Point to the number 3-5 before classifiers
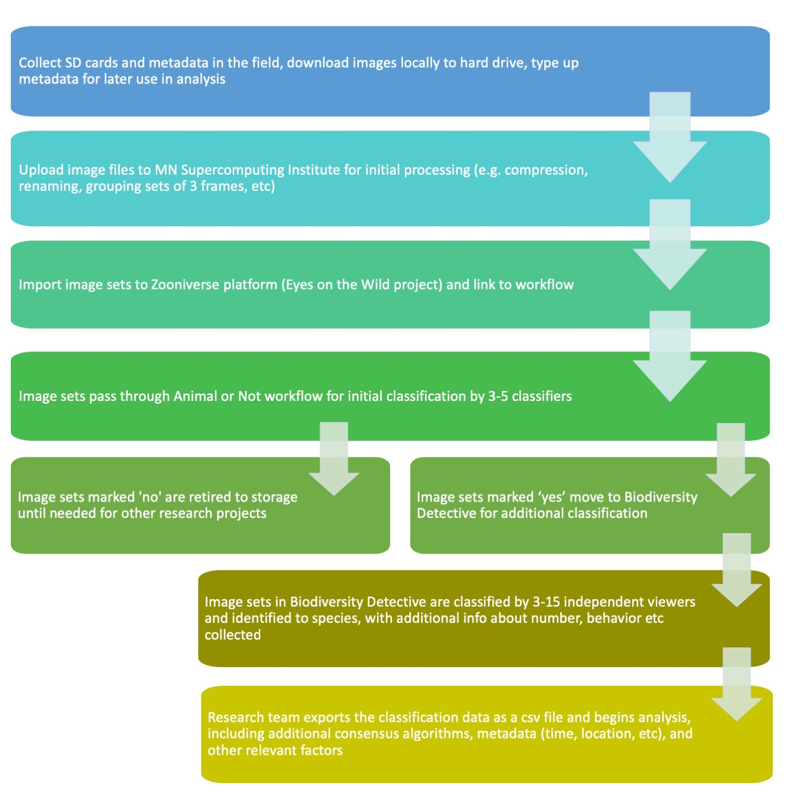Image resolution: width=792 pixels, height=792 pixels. tap(498, 396)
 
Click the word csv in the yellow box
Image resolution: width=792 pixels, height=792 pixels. tap(530, 717)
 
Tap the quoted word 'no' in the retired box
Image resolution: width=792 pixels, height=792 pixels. tap(150, 497)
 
